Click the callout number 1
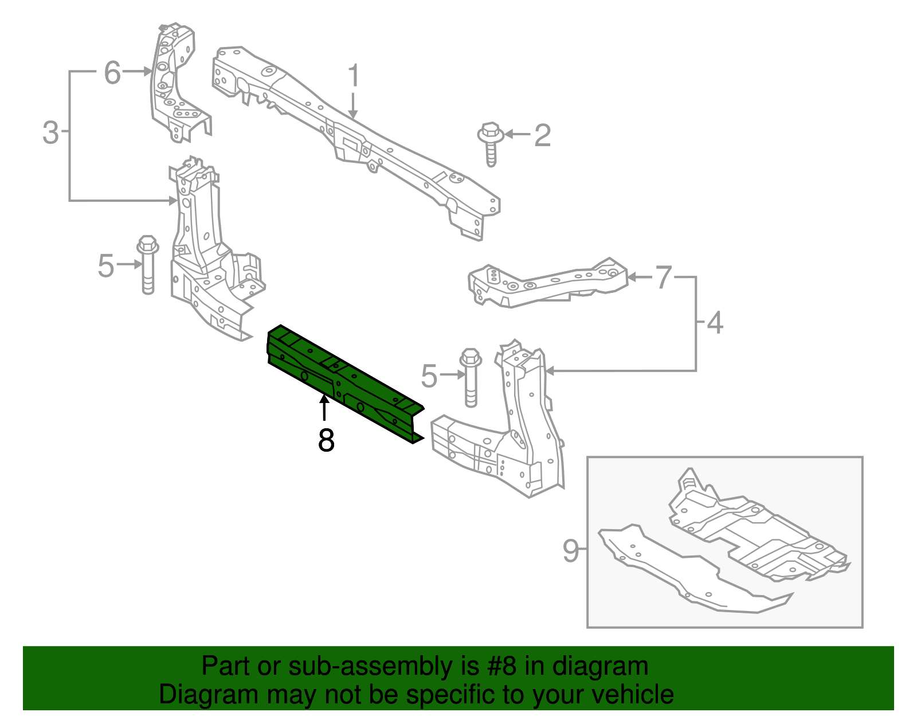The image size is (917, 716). (354, 76)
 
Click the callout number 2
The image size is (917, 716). (542, 135)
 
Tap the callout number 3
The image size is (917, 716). (50, 132)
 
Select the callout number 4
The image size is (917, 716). (715, 323)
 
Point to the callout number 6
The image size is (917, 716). (112, 73)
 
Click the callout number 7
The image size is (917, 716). (663, 277)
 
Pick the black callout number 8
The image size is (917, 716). (326, 440)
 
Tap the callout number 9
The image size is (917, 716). (571, 550)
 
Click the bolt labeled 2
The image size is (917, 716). (491, 143)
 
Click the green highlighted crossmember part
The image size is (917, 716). (344, 381)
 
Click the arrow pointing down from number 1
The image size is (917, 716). (353, 106)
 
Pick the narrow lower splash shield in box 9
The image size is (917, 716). (688, 573)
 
